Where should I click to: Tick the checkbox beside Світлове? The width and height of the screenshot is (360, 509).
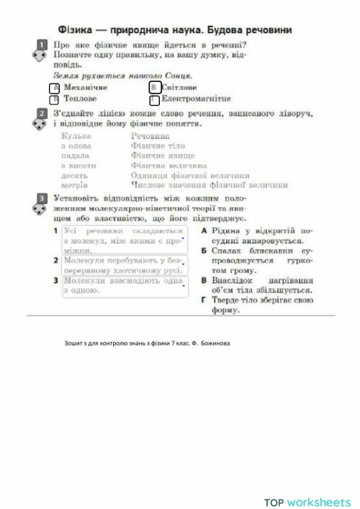coord(153,87)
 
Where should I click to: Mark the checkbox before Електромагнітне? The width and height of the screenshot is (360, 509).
coord(153,99)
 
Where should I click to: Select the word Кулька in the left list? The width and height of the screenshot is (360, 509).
coord(76,135)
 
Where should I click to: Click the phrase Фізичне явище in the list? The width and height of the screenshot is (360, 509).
coord(163,155)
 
